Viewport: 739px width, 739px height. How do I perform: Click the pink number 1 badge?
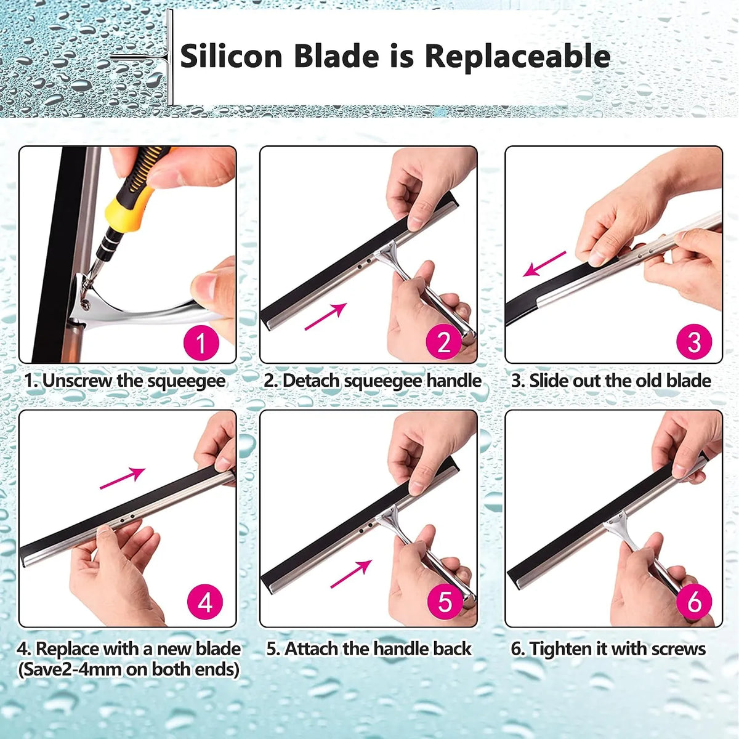pos(201,342)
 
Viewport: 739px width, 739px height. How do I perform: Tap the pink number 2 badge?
pos(443,341)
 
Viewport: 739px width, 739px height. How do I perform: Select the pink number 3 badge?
pos(694,341)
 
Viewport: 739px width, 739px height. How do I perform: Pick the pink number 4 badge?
pos(205,602)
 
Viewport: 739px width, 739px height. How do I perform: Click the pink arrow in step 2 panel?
pos(326,316)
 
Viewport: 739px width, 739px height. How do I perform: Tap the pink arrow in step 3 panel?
pos(544,264)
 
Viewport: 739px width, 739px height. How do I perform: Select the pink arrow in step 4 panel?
pos(123,478)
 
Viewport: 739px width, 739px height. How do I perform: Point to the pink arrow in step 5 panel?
pos(351,574)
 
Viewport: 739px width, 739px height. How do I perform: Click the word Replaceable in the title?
pos(517,57)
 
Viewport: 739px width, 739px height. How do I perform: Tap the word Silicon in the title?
pos(232,57)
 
